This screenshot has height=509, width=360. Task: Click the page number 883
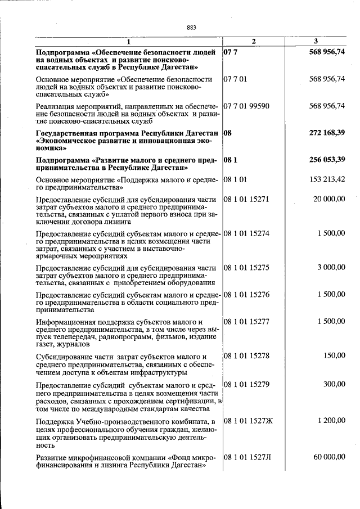click(x=191, y=28)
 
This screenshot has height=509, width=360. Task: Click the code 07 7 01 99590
click(x=246, y=106)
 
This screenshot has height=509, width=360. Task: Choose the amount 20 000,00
click(x=329, y=199)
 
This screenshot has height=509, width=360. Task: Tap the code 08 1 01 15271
click(x=246, y=199)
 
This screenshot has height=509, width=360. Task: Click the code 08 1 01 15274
click(x=246, y=233)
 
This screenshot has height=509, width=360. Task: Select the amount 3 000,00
click(x=331, y=267)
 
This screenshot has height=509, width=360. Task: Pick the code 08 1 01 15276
click(x=246, y=294)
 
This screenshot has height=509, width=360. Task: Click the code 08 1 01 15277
click(x=246, y=321)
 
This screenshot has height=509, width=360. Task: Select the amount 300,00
click(x=335, y=384)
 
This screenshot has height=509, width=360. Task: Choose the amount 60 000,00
click(x=329, y=457)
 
